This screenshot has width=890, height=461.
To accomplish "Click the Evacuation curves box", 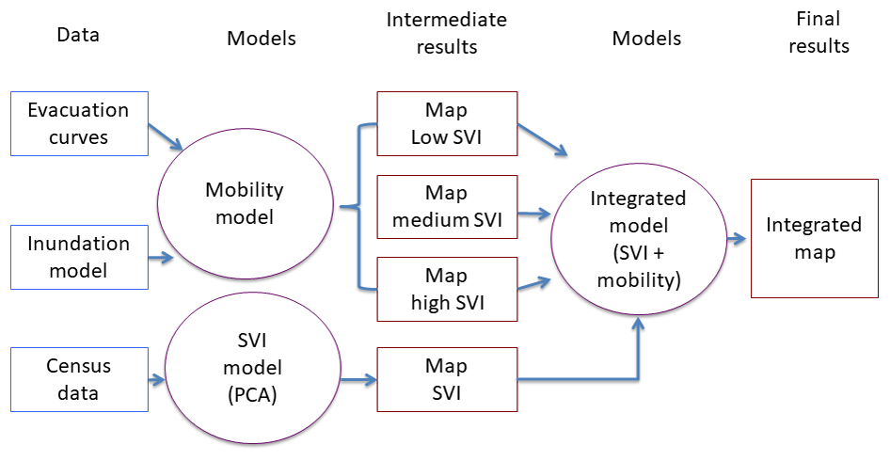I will point(80,123).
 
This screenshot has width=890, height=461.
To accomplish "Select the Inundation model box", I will point(80,257).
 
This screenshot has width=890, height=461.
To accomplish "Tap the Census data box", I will point(80,378).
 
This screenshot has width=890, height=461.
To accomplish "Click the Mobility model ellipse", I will point(244,203).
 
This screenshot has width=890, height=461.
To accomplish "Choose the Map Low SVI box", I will point(447,123).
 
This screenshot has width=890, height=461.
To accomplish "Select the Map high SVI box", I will point(447,289).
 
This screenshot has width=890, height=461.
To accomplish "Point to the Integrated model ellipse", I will point(637,239).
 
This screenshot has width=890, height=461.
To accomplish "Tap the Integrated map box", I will point(813,238).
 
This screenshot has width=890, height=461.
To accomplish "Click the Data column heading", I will point(78,35).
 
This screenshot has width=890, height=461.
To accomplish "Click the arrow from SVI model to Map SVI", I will point(358,380).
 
